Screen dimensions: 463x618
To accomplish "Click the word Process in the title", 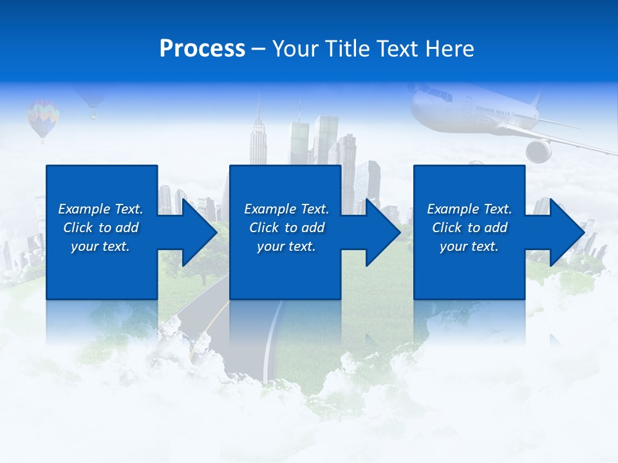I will pyautogui.click(x=202, y=49).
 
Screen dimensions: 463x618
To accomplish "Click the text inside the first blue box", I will pyautogui.click(x=100, y=228).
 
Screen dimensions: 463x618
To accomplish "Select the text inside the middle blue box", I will pyautogui.click(x=286, y=228).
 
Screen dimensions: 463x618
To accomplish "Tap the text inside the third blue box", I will pyautogui.click(x=469, y=228).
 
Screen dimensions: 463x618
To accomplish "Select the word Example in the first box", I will pyautogui.click(x=84, y=209).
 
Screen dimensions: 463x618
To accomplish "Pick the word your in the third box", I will pyautogui.click(x=453, y=246).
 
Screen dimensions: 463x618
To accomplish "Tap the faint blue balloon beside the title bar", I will pyautogui.click(x=92, y=100).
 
